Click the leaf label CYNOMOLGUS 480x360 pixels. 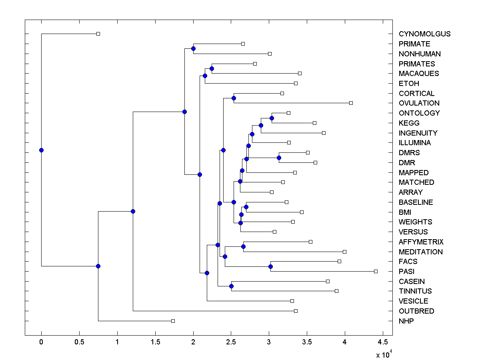pyautogui.click(x=424, y=34)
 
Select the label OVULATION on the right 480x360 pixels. pyautogui.click(x=419, y=103)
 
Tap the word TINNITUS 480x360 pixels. pyautogui.click(x=415, y=291)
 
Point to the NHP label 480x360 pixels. pyautogui.click(x=406, y=321)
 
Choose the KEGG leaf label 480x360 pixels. pyautogui.click(x=409, y=123)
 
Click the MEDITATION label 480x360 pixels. pyautogui.click(x=420, y=252)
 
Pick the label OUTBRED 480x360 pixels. pyautogui.click(x=416, y=311)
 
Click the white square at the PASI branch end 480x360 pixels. pyautogui.click(x=376, y=271)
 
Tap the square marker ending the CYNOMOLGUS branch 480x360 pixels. pyautogui.click(x=98, y=34)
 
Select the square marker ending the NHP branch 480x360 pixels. pyautogui.click(x=173, y=321)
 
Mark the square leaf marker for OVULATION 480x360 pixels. pyautogui.click(x=351, y=103)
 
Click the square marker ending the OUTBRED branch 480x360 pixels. pyautogui.click(x=296, y=311)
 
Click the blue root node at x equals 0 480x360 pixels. pyautogui.click(x=41, y=150)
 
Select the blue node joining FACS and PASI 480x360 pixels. pyautogui.click(x=270, y=266)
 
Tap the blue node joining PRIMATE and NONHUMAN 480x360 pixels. pyautogui.click(x=193, y=48)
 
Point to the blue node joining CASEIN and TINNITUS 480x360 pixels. pyautogui.click(x=231, y=286)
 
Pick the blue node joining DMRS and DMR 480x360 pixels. pyautogui.click(x=279, y=158)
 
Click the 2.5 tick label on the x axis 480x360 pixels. pyautogui.click(x=231, y=342)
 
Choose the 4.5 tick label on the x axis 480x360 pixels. pyautogui.click(x=383, y=342)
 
